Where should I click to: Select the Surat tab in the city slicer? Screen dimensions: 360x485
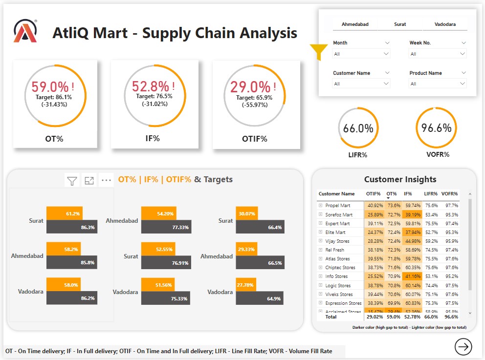pos(400,24)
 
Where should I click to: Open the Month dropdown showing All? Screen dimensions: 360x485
pos(361,54)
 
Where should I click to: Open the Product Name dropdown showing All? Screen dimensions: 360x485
pos(438,84)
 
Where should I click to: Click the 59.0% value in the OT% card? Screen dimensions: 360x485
pos(50,87)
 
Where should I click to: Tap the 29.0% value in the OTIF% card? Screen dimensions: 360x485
pos(250,87)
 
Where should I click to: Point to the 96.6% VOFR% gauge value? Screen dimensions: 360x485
pos(437,128)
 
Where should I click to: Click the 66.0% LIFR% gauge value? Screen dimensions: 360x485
pos(358,128)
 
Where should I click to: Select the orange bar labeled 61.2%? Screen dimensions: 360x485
pos(65,213)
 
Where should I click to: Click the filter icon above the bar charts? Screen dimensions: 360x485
pos(72,180)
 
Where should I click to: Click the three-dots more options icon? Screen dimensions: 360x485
pos(107,180)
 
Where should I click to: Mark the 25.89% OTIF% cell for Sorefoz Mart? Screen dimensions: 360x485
pos(375,214)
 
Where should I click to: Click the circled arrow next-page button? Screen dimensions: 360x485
pos(463,346)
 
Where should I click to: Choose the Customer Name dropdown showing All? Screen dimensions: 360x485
pos(361,84)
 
